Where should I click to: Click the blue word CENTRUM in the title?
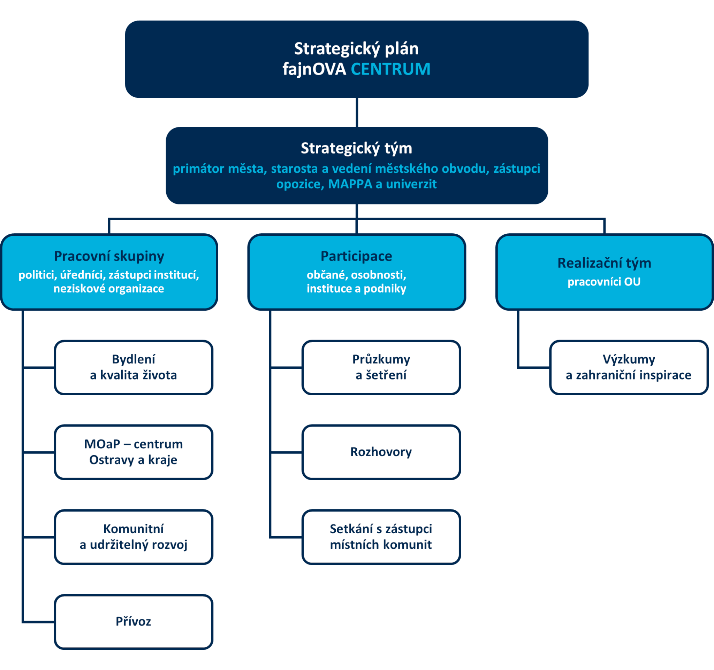[x=390, y=69]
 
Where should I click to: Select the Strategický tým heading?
[x=356, y=148]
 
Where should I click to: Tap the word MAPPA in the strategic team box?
[x=350, y=184]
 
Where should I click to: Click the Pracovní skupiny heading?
[x=109, y=256]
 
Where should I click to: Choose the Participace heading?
[x=356, y=256]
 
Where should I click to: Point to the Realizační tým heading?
[x=604, y=263]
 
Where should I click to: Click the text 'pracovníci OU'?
[x=604, y=282]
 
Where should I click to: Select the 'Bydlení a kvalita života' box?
[x=134, y=367]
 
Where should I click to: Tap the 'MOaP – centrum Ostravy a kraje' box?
[x=134, y=452]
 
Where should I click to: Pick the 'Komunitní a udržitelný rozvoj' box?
[x=134, y=537]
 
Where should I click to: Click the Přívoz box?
[x=134, y=622]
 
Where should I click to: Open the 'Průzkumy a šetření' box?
[x=381, y=367]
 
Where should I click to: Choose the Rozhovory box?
[x=381, y=452]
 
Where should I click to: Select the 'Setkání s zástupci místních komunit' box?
[x=381, y=537]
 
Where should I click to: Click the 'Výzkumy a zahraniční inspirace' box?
[x=629, y=367]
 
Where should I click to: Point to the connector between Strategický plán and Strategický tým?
[x=357, y=112]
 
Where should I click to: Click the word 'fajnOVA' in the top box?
[x=314, y=69]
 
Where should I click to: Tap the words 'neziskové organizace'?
[x=109, y=288]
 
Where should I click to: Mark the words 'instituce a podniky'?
[x=356, y=288]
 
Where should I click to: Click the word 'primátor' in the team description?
[x=199, y=169]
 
